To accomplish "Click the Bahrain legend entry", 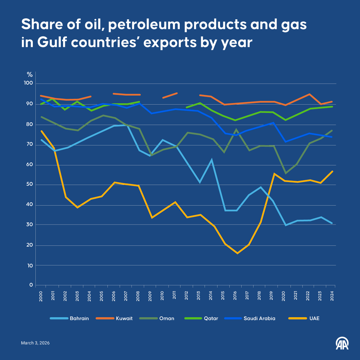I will coord(79,318).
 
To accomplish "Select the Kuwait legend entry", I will coord(124,318).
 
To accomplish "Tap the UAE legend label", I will coord(314,318).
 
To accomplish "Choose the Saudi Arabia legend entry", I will coord(259,318).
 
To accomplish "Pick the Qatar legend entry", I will coord(211,318).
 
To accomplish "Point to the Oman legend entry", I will coord(166,318).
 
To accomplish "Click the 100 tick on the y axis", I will coord(29,83).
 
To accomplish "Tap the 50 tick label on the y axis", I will coord(30,184).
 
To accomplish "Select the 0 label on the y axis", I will coord(31,285).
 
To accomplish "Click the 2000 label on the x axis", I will coord(41,295).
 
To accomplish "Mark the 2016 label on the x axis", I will coord(235,295).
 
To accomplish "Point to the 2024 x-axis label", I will coord(332,295).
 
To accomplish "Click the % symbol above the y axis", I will coord(30,75).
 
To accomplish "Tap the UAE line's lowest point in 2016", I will coord(238,253).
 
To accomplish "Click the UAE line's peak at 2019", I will coord(274,174).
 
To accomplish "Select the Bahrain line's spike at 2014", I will coord(211,159).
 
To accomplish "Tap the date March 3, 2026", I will coord(35,343).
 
